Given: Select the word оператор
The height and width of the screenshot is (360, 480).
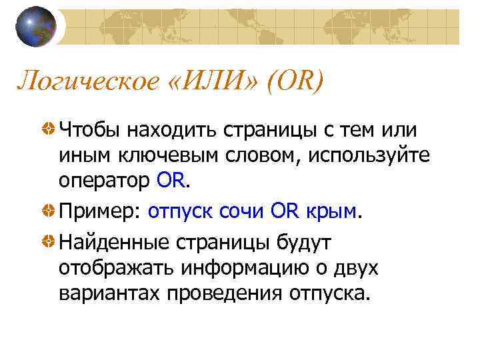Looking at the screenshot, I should pyautogui.click(x=105, y=181).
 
